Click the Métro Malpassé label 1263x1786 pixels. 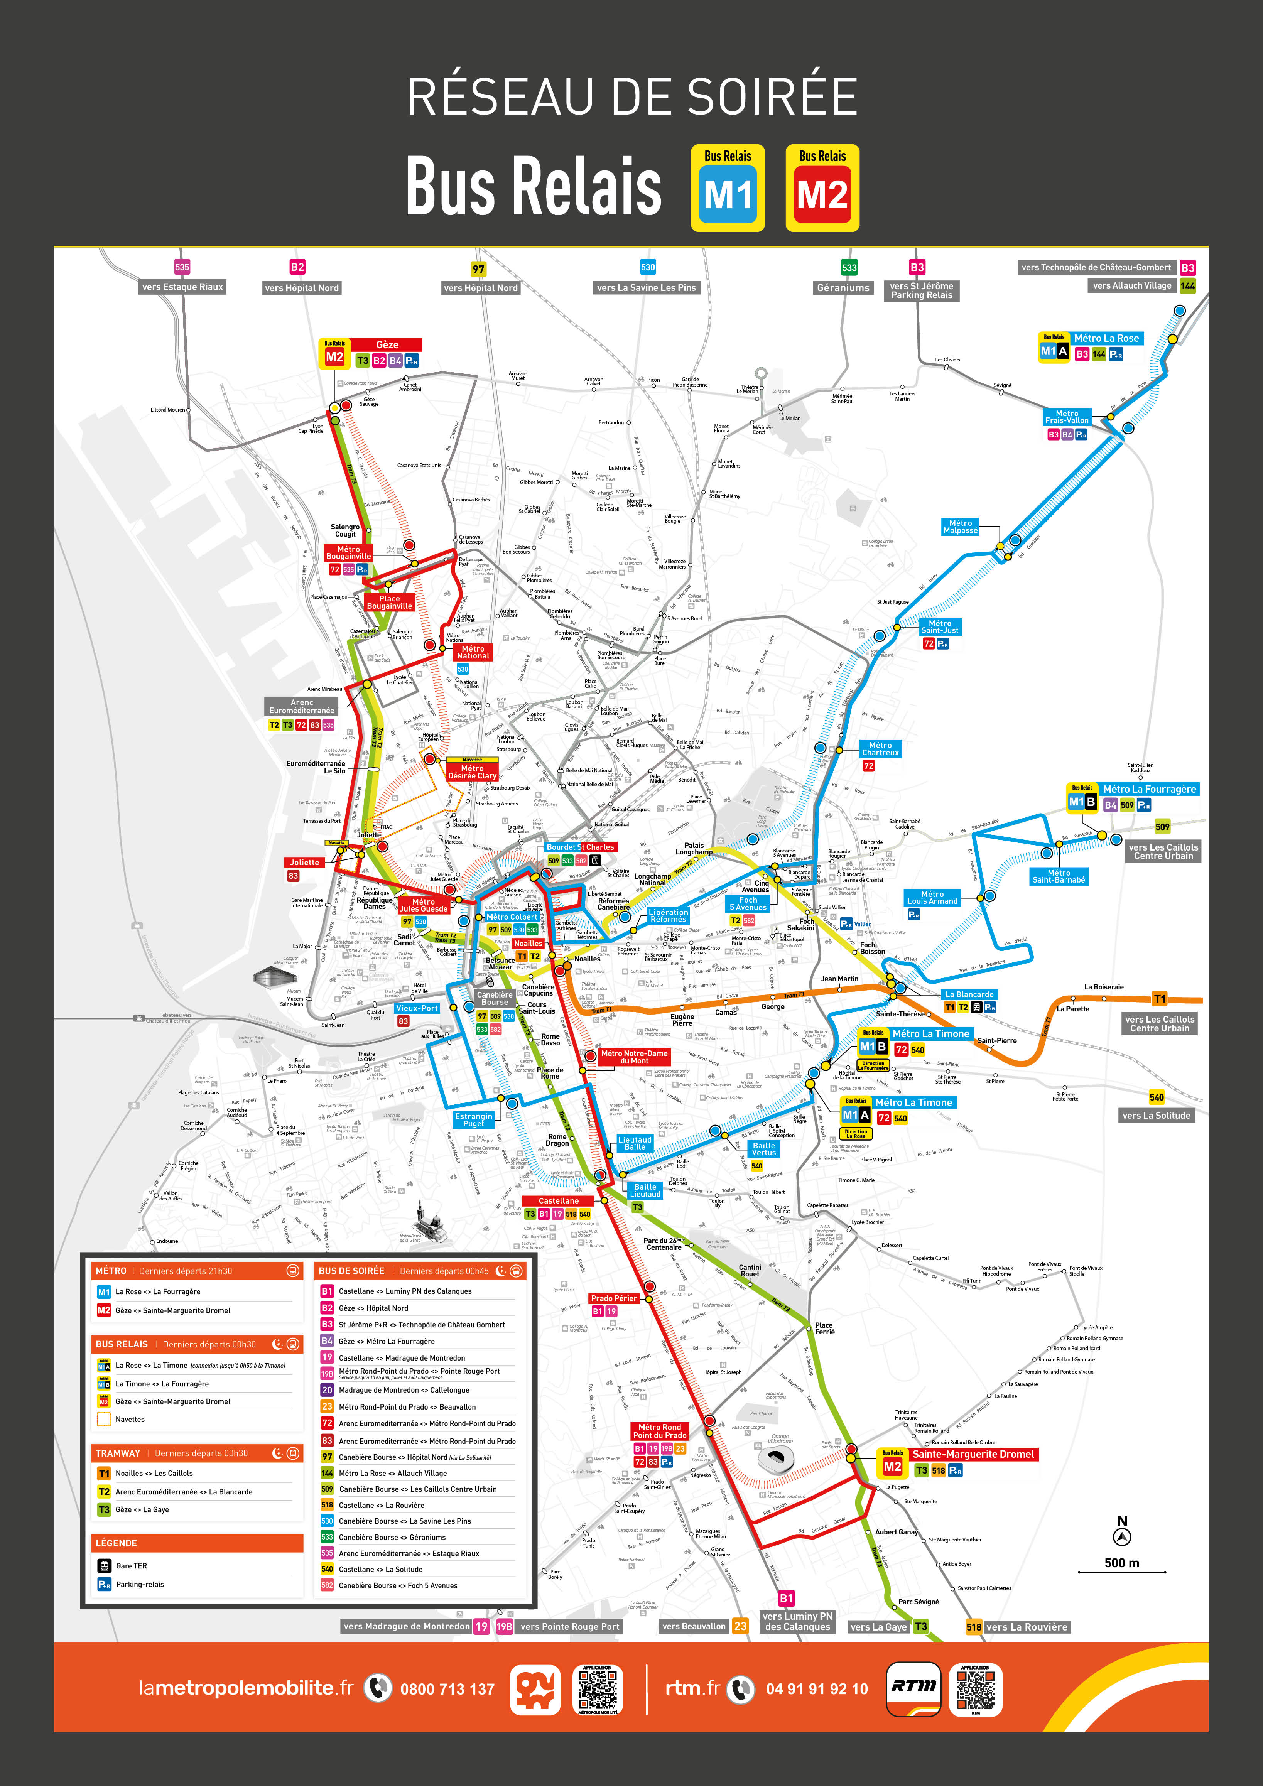point(961,527)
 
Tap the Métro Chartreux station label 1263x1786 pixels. point(880,748)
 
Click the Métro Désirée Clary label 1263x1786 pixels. point(472,771)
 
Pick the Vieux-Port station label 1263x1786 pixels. point(417,1008)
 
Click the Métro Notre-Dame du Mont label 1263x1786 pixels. point(634,1056)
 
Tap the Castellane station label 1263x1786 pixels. point(558,1200)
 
